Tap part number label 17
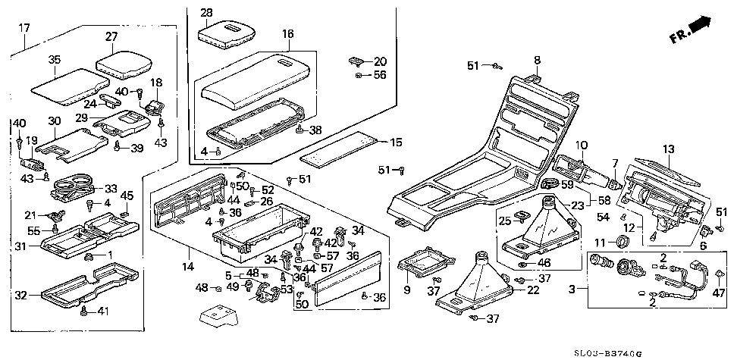click(x=24, y=28)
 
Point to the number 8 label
click(x=537, y=60)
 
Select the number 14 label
click(x=189, y=266)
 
